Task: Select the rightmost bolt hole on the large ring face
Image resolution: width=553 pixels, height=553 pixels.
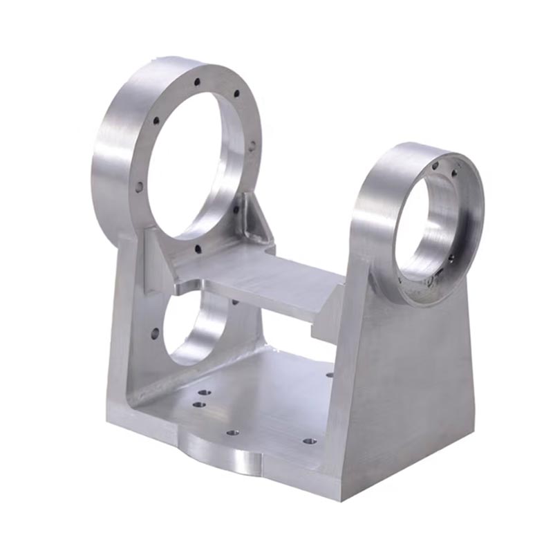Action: [252, 146]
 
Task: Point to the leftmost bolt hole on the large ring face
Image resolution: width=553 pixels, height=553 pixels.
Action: [139, 187]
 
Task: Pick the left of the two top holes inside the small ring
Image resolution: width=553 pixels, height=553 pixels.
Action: [435, 166]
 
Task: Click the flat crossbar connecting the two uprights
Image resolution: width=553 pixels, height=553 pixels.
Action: [263, 276]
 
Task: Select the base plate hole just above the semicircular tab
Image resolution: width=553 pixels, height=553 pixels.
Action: [232, 433]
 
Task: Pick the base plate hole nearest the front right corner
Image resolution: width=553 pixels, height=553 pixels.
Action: [310, 440]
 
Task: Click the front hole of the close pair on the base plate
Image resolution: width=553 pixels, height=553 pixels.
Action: [200, 404]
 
